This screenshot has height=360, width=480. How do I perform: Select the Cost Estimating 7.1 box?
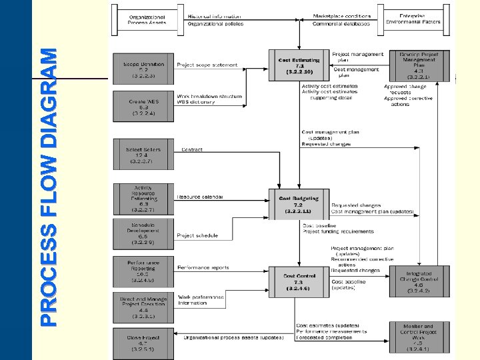tap(299, 65)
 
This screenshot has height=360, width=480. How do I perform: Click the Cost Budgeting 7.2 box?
tap(299, 204)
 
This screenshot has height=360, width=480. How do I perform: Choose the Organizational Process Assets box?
tap(147, 19)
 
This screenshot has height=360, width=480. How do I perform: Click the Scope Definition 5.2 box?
tap(143, 68)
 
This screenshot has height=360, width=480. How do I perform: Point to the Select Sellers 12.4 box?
tap(143, 154)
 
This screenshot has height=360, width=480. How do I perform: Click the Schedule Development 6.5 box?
tap(143, 235)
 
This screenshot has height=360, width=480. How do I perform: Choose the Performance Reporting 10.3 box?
tap(143, 271)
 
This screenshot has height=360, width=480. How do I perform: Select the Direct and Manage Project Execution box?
tap(143, 307)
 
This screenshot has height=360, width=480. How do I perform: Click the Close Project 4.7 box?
tap(143, 342)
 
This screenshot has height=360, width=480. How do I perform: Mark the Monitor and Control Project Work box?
tap(419, 337)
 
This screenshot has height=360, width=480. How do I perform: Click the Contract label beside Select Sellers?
tap(192, 150)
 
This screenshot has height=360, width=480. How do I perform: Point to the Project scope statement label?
tap(206, 65)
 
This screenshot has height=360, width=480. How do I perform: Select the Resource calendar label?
tap(200, 197)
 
